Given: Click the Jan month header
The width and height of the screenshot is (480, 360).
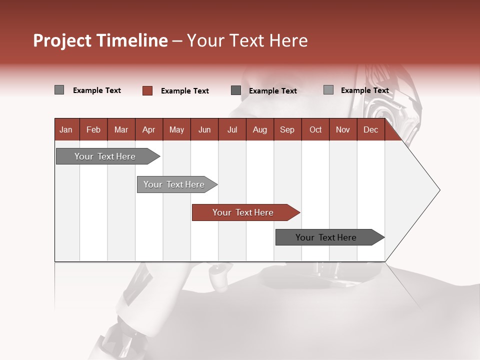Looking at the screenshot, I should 66,129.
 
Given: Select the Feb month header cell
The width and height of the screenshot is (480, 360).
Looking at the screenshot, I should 93,129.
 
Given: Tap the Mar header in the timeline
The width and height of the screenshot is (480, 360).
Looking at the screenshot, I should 121,129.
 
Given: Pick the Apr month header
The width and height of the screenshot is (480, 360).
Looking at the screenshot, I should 149,129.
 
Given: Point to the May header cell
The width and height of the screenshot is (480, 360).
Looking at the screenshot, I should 176,129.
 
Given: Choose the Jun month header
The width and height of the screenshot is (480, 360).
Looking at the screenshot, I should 204,129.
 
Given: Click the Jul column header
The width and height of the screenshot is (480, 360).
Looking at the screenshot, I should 232,129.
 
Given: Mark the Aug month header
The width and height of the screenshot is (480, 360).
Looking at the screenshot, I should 260,129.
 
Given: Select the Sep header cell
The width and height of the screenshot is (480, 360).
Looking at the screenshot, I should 287,129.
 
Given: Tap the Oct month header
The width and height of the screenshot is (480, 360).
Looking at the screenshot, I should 315,129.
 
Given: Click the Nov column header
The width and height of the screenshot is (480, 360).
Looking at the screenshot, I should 343,129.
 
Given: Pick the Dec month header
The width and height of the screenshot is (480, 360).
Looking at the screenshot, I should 371,129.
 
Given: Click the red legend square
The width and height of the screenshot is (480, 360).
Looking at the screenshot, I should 147,90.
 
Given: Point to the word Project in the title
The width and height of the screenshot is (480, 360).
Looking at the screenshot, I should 61,40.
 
